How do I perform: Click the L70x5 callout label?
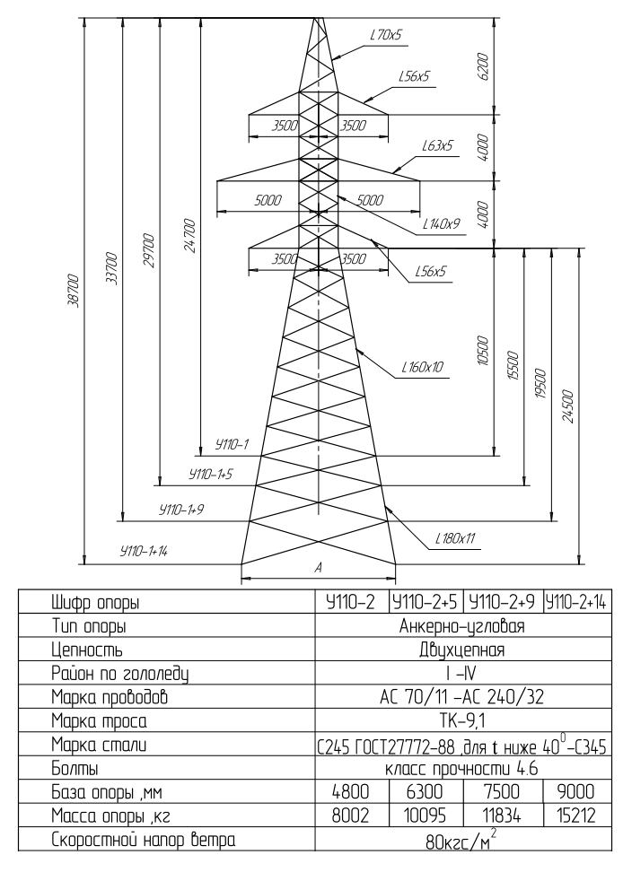coord(386,35)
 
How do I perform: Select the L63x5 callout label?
coord(437,146)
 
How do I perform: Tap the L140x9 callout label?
coord(442,223)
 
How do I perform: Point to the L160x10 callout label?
coord(422,367)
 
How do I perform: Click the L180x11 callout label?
coord(455,539)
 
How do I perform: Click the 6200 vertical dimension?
coord(484,67)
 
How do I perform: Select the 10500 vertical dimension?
coord(483,351)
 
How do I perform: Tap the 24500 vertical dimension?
coord(568,406)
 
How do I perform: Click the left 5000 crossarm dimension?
coord(268,201)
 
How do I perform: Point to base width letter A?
coord(319,568)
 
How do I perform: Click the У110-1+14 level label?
coord(144,551)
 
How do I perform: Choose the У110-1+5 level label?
coord(211,475)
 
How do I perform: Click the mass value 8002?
coord(351,816)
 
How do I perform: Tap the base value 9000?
coord(575,791)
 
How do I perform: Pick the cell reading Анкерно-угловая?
coord(461,626)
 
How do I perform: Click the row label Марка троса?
coord(99,721)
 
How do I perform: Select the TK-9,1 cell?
coord(461,721)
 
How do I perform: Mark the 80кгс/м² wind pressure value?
coord(461,842)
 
